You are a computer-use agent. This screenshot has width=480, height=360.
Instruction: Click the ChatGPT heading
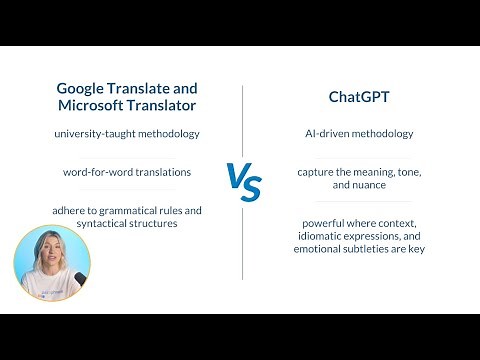[x=358, y=97]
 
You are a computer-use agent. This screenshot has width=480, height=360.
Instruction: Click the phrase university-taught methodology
[x=126, y=134]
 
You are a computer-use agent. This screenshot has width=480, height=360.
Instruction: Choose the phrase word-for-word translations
[x=126, y=172]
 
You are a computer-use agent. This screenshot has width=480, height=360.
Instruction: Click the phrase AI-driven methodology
[x=358, y=134]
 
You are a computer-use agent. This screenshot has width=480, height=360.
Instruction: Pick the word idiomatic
[x=317, y=236]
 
